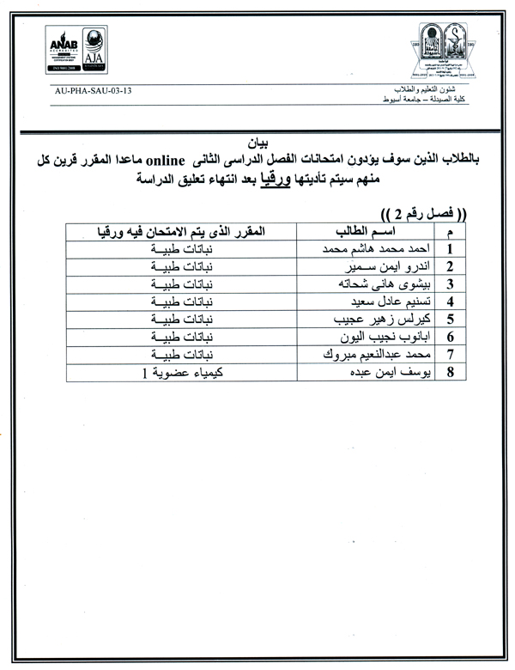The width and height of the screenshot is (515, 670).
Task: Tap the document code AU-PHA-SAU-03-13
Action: (x=96, y=90)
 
